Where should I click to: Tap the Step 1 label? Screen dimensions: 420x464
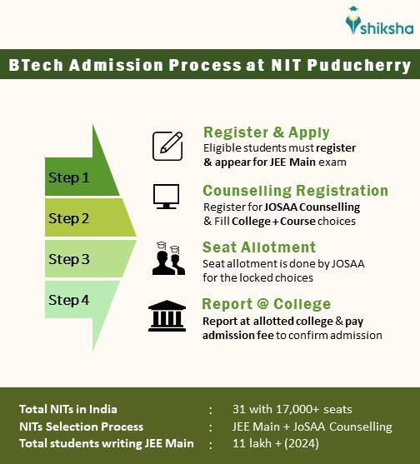[x=68, y=177]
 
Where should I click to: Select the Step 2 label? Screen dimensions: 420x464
[x=68, y=218]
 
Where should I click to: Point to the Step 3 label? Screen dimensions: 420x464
[x=68, y=259]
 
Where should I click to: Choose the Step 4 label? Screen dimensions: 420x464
[x=68, y=300]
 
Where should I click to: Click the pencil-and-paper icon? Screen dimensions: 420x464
[x=167, y=146]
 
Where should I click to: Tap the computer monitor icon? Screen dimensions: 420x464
[x=166, y=196]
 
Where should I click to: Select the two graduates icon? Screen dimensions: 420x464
[x=167, y=260]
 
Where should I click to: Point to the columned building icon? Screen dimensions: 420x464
[x=167, y=316]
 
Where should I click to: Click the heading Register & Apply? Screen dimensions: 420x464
[x=266, y=132]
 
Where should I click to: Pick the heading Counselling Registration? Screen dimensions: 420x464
[x=295, y=190]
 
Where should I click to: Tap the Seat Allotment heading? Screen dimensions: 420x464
[x=259, y=247]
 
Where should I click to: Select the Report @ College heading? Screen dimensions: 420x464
[x=267, y=304]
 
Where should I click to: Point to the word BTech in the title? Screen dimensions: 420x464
[x=34, y=65]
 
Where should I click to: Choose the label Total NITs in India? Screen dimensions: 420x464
[x=69, y=409]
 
